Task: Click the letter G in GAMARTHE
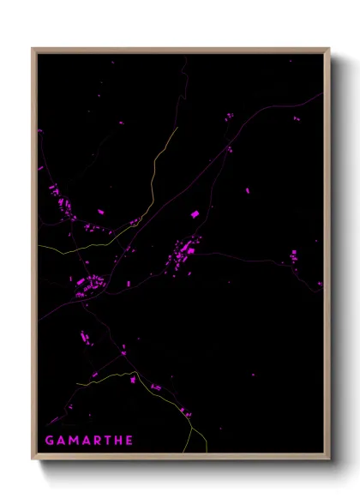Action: click(49, 441)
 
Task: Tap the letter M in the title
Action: click(73, 441)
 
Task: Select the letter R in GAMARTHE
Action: click(97, 441)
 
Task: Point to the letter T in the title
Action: click(107, 441)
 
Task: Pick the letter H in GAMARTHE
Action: click(118, 441)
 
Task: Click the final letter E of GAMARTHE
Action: click(129, 441)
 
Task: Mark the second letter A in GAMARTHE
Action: click(86, 441)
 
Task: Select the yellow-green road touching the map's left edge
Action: click(51, 249)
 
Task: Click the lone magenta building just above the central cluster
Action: click(194, 213)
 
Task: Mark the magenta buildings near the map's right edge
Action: click(294, 255)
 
